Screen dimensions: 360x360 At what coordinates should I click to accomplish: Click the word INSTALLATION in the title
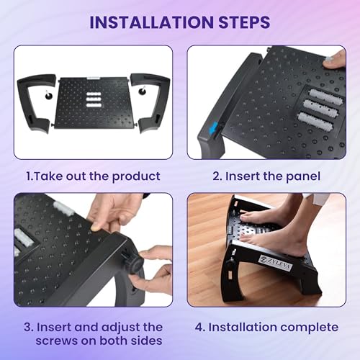pyautogui.click(x=153, y=22)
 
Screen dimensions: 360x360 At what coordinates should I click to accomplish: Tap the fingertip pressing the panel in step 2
pyautogui.click(x=334, y=61)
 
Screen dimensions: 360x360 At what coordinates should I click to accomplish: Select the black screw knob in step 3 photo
pyautogui.click(x=135, y=264)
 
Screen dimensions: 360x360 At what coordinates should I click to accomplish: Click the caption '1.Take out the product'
pyautogui.click(x=93, y=176)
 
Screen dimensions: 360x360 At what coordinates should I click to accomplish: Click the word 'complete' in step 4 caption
pyautogui.click(x=308, y=325)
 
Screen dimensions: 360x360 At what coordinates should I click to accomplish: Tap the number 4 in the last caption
pyautogui.click(x=199, y=325)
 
